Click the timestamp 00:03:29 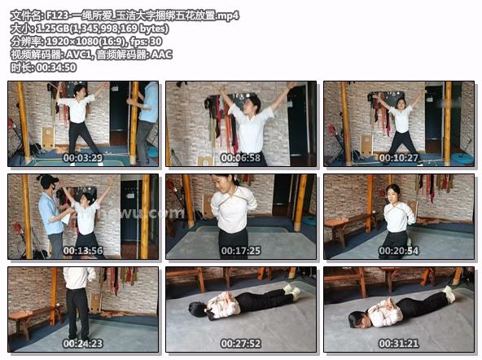coord(83,158)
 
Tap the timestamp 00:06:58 coord(241,158)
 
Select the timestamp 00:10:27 coord(399,158)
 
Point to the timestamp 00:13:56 coord(83,251)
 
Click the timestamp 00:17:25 coord(241,251)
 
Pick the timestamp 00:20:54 coord(399,251)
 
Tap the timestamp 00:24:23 coord(83,344)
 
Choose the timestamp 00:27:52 coord(241,344)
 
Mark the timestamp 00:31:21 coord(399,344)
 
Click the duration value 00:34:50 coord(56,68)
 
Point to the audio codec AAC coord(161,55)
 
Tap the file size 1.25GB coord(53,29)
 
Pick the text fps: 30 coord(146,42)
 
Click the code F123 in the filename coord(58,15)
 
